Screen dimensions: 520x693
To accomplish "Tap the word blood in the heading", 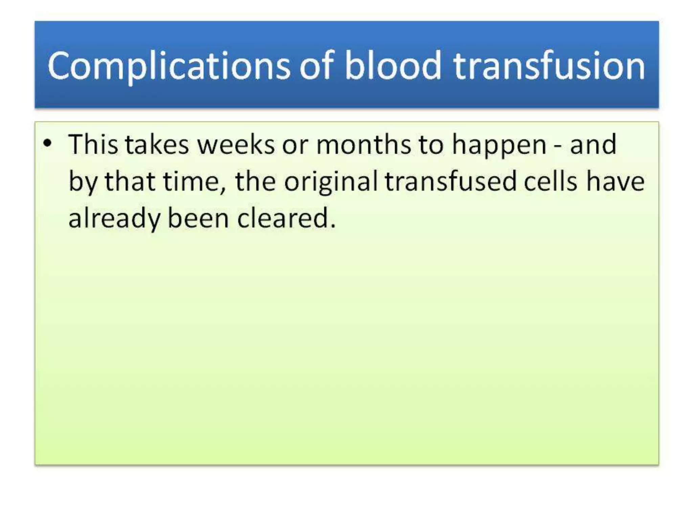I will [393, 66].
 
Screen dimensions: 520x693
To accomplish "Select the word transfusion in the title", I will [549, 66].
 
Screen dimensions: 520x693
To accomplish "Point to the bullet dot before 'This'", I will [48, 143].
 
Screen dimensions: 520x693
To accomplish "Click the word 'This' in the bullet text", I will [93, 145].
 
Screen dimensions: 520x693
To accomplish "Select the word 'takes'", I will [157, 145].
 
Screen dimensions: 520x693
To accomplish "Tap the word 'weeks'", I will [236, 145].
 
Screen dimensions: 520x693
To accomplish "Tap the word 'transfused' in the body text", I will [450, 182].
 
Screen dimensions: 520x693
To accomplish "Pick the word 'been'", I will [198, 218].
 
